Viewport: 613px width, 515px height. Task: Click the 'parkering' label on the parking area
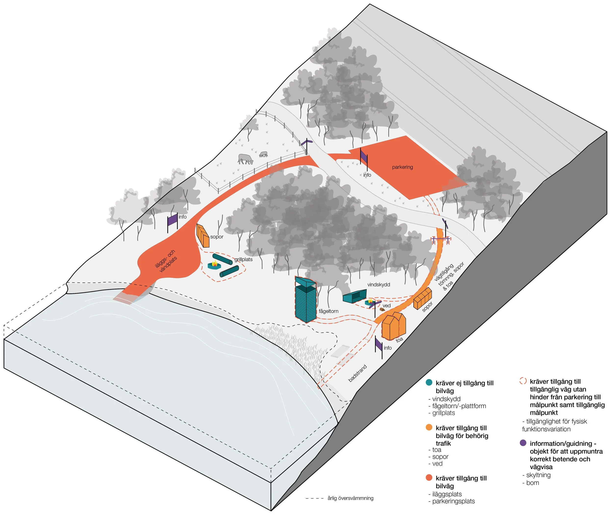pyautogui.click(x=402, y=167)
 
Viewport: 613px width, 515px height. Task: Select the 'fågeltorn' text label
pyautogui.click(x=328, y=311)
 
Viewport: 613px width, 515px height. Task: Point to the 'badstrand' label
pyautogui.click(x=358, y=373)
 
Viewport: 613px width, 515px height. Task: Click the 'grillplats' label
pyautogui.click(x=243, y=259)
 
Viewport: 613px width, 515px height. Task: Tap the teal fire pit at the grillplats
pyautogui.click(x=215, y=265)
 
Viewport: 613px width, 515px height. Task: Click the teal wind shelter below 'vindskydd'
pyautogui.click(x=354, y=297)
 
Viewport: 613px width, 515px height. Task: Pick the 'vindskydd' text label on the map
pyautogui.click(x=379, y=285)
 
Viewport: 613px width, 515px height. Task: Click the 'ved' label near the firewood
pyautogui.click(x=386, y=306)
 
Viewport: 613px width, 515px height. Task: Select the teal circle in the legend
pyautogui.click(x=429, y=382)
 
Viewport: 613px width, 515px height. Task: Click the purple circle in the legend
pyautogui.click(x=523, y=443)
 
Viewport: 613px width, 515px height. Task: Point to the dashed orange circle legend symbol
pyautogui.click(x=523, y=381)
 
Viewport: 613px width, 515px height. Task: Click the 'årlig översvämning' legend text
pyautogui.click(x=350, y=498)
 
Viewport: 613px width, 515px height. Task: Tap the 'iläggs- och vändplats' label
pyautogui.click(x=166, y=261)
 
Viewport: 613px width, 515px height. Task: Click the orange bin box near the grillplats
pyautogui.click(x=203, y=236)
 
